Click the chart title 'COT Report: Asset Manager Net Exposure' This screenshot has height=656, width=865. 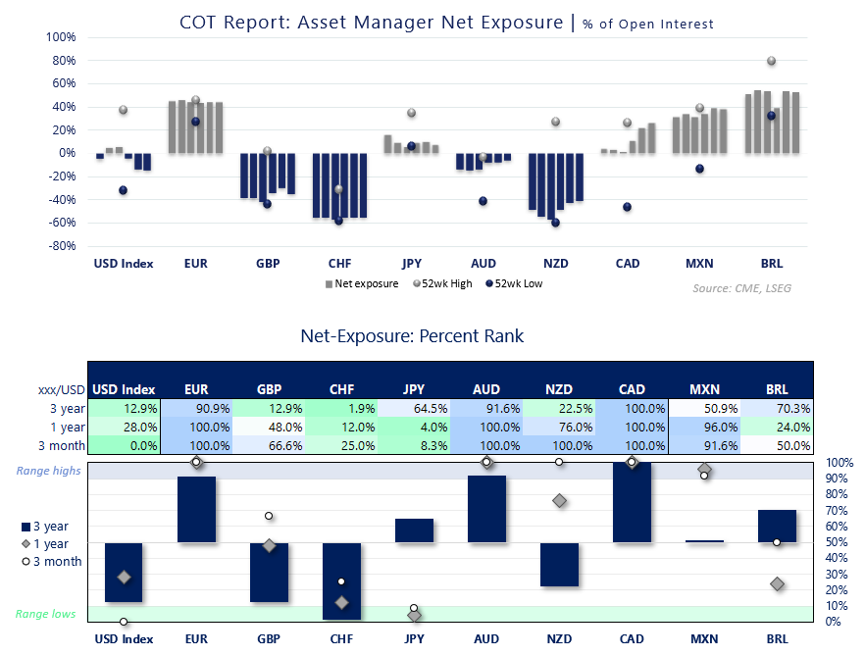[371, 22]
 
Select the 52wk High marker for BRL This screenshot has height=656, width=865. [771, 61]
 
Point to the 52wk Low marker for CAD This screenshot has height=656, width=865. [627, 207]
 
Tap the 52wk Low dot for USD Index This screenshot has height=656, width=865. [124, 190]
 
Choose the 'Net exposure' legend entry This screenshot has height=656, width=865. [362, 284]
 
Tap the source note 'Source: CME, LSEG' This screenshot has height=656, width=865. [741, 288]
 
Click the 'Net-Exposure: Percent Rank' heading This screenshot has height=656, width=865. [412, 336]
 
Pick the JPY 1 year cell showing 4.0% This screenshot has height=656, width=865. [413, 427]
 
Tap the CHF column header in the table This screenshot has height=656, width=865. [340, 389]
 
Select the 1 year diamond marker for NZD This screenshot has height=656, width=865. [559, 501]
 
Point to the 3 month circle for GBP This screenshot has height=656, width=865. [268, 516]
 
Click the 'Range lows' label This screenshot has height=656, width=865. [44, 614]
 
